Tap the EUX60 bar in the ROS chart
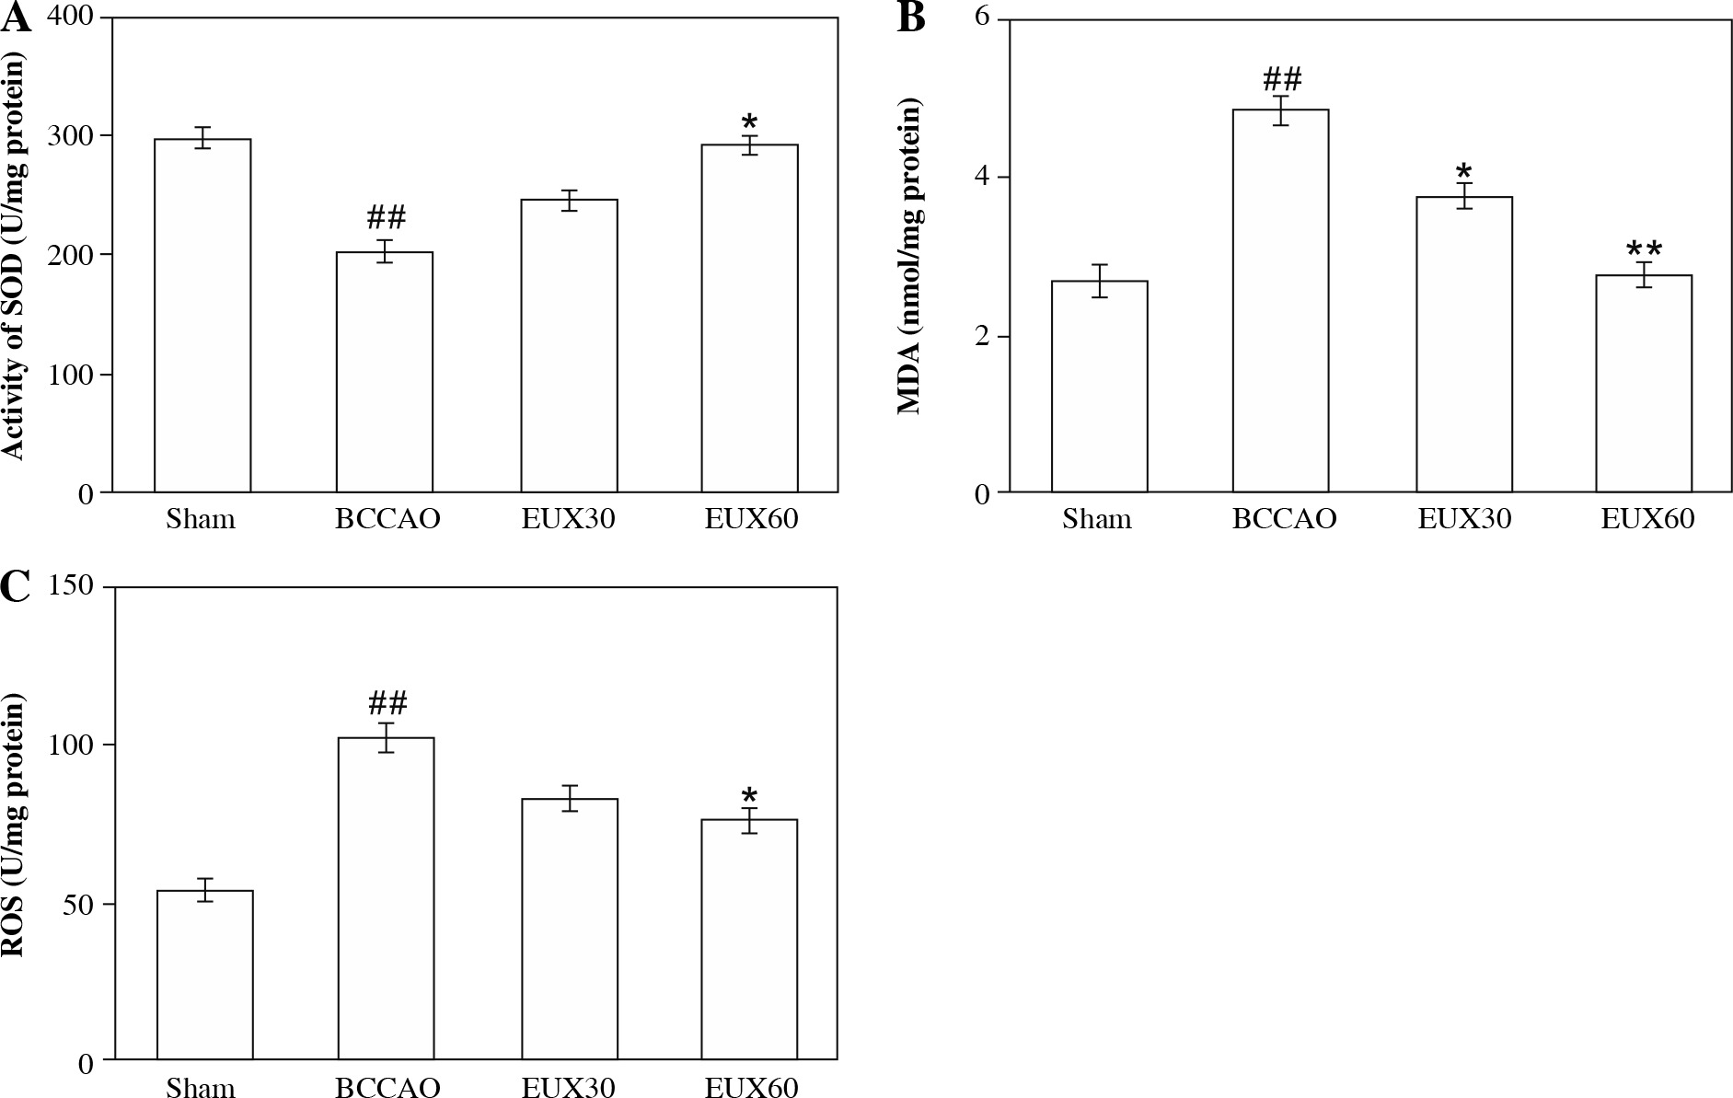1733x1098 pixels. coord(749,939)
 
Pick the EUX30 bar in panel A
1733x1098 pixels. coord(569,345)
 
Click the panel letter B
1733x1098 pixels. coord(910,17)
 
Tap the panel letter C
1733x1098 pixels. coord(15,585)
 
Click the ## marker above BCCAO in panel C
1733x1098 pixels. coord(387,704)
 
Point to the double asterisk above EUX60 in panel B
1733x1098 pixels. coord(1644,248)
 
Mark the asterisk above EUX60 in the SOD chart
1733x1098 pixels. coord(749,122)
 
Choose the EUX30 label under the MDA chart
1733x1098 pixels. coord(1464,519)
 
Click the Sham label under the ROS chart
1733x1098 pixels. coord(201,1088)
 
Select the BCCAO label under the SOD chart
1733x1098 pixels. coord(387,519)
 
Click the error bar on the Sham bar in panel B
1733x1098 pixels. coord(1099,280)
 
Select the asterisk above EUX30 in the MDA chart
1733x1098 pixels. coord(1464,171)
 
